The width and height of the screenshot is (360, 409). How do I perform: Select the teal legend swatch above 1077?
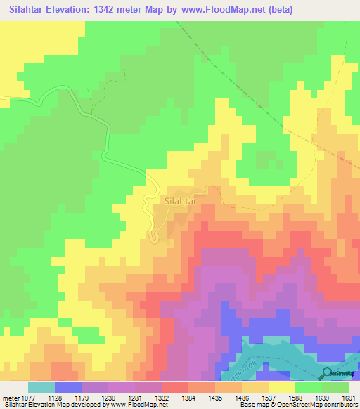(41, 387)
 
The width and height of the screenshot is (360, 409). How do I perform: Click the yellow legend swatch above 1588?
(281, 387)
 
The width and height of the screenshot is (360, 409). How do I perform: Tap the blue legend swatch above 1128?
(67, 387)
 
